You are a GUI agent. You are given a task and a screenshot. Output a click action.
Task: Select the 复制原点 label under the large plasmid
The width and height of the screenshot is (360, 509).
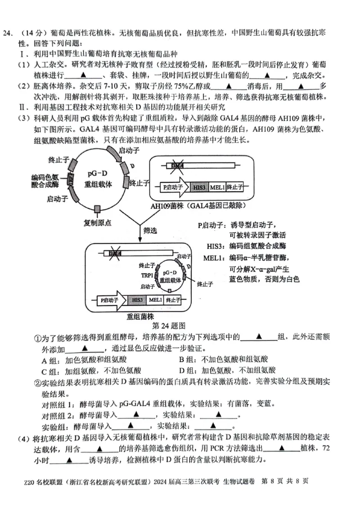(98, 222)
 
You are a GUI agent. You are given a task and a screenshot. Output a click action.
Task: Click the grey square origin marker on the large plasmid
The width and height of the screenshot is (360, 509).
(97, 209)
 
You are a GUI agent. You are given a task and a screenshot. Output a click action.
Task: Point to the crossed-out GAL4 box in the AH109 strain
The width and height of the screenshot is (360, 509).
(177, 166)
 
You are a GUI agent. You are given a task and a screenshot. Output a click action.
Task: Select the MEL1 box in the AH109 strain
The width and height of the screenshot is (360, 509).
(217, 187)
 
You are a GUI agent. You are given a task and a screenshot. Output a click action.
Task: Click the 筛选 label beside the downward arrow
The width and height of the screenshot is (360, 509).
(150, 230)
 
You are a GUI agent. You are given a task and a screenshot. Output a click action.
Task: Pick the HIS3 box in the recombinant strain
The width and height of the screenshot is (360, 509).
(137, 300)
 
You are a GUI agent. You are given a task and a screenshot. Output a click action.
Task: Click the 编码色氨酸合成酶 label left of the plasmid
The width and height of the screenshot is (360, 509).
(45, 180)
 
